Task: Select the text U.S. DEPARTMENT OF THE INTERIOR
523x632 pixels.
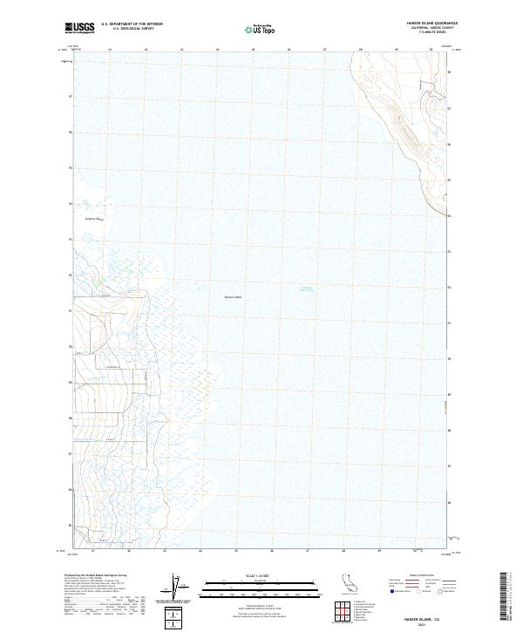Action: coord(132,24)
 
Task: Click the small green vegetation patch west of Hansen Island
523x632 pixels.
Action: coord(98,281)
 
